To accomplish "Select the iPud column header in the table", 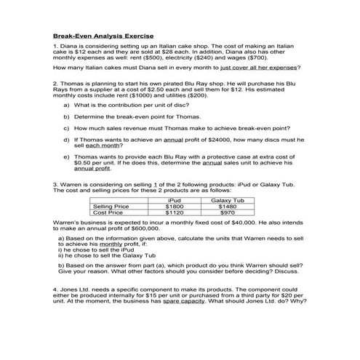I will tap(175, 200).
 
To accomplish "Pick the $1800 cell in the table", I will tap(175, 207).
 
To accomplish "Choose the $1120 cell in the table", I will tap(175, 213).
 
